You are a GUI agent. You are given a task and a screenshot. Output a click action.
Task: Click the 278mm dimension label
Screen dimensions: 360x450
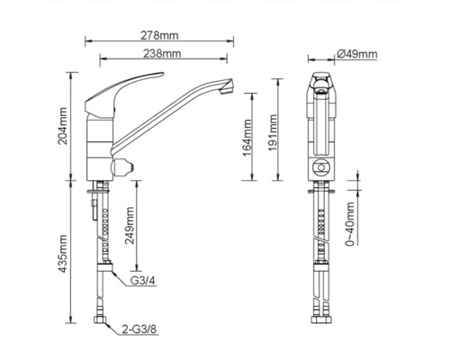(160, 36)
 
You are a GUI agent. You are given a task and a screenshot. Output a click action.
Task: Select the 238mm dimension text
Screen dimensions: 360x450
(160, 55)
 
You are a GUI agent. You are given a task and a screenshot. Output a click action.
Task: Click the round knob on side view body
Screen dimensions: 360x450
(122, 166)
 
